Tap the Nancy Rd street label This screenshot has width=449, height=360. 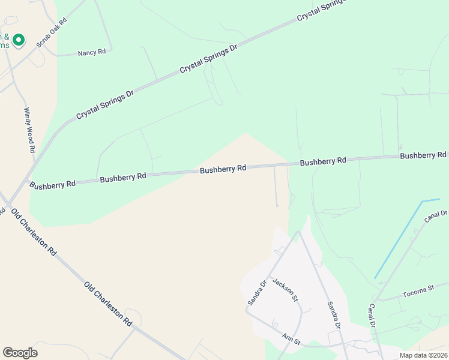click(92, 53)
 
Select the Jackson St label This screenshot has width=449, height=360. click(285, 289)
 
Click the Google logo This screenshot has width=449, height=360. click(20, 353)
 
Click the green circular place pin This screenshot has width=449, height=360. click(19, 40)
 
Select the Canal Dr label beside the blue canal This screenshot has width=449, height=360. click(436, 217)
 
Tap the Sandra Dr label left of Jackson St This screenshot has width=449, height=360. click(256, 293)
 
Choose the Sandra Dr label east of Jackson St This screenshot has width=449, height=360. click(333, 316)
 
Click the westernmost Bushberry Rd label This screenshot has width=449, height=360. click(52, 184)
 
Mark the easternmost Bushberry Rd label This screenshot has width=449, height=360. click(424, 155)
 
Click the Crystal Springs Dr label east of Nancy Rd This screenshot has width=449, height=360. click(208, 59)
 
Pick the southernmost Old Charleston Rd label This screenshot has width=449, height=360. click(108, 304)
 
